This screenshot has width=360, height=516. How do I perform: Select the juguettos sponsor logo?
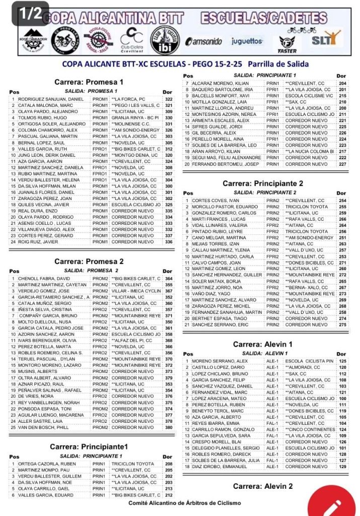(247, 41)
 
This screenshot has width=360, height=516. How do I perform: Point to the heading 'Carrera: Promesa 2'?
(89, 262)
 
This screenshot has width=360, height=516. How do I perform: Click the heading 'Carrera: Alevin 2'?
(263, 486)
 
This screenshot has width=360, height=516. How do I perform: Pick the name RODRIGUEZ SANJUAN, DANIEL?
(50, 99)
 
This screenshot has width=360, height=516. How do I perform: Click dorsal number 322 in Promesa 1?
(169, 99)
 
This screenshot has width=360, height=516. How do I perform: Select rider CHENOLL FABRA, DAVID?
(44, 279)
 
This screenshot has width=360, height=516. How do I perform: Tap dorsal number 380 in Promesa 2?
(169, 427)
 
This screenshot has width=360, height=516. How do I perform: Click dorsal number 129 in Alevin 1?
(342, 467)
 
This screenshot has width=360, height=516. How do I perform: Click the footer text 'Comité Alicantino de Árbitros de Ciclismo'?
(185, 503)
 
